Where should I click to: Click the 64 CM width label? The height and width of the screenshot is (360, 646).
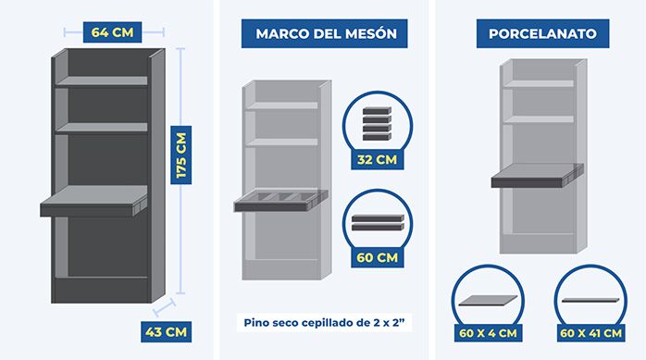click(x=112, y=32)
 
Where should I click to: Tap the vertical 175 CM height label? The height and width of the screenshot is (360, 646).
click(x=181, y=155)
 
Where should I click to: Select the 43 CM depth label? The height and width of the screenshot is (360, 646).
click(x=166, y=331)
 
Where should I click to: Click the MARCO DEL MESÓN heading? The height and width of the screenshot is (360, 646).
click(x=325, y=33)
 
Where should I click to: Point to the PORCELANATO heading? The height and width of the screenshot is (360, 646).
click(x=542, y=33)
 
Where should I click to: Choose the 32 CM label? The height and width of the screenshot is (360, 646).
click(x=377, y=159)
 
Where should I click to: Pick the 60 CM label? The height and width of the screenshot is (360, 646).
click(x=377, y=257)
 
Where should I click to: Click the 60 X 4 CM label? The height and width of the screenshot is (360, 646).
click(x=488, y=333)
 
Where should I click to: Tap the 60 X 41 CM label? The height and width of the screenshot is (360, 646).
click(x=590, y=333)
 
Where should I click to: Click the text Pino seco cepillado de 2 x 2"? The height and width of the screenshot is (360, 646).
click(x=323, y=322)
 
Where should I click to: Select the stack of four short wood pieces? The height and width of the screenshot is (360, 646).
click(x=377, y=124)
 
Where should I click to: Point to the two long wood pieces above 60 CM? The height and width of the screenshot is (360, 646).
click(x=378, y=222)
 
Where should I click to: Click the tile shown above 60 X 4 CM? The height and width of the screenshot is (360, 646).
click(x=488, y=300)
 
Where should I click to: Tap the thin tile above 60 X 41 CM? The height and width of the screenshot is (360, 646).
click(x=590, y=300)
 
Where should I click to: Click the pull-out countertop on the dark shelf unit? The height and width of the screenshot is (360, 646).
click(x=93, y=201)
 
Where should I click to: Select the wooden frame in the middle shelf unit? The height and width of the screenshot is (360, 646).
click(x=281, y=200)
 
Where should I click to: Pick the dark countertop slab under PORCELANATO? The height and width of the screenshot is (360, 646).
click(x=537, y=176)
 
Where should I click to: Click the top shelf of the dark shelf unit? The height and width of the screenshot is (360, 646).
click(x=102, y=81)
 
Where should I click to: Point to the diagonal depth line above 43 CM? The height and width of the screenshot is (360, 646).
click(x=164, y=307)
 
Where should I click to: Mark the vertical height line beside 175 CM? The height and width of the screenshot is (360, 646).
click(x=180, y=170)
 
